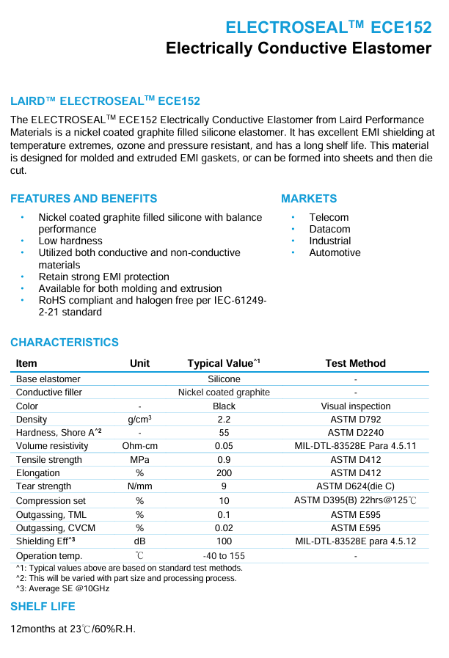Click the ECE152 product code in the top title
[401, 27]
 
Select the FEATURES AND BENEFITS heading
[84, 199]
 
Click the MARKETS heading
[309, 199]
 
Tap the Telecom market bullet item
[329, 217]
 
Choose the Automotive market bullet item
[335, 252]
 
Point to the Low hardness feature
[70, 241]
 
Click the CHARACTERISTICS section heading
[65, 343]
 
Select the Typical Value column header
[224, 363]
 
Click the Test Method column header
[355, 363]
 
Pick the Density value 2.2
[224, 420]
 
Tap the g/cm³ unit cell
[139, 420]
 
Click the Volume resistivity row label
[52, 446]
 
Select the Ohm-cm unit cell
[139, 446]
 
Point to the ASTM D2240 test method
[355, 433]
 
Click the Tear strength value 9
[224, 486]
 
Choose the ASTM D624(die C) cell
[355, 486]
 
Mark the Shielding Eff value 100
[224, 541]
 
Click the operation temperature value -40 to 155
[224, 556]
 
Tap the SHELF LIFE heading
[43, 607]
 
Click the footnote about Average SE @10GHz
[62, 588]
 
